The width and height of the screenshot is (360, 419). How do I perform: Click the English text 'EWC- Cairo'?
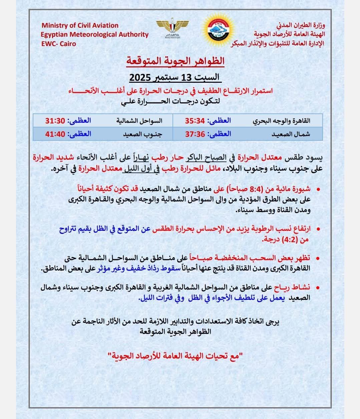pyautogui.click(x=59, y=44)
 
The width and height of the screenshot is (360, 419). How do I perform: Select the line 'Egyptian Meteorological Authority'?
pyautogui.click(x=95, y=34)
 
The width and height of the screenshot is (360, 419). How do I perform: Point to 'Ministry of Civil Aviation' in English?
pyautogui.click(x=80, y=25)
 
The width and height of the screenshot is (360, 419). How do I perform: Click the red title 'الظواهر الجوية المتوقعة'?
pyautogui.click(x=175, y=61)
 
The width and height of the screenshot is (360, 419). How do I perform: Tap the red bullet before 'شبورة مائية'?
pyautogui.click(x=318, y=189)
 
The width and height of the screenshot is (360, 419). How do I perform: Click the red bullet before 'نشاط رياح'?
pyautogui.click(x=318, y=288)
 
